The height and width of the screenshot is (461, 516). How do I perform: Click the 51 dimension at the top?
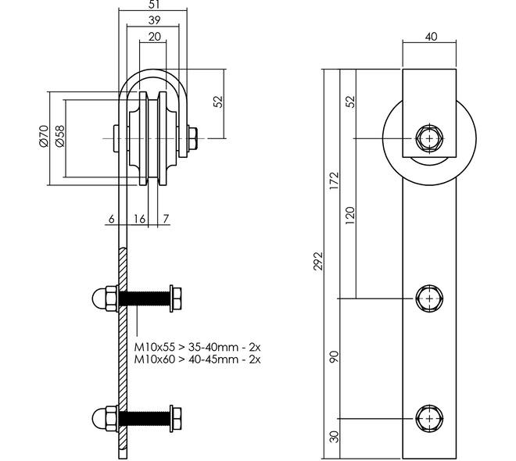[x=154, y=5]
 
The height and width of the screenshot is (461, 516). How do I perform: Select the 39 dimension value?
[x=154, y=21]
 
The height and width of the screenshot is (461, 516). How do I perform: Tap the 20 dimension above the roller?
[x=154, y=38]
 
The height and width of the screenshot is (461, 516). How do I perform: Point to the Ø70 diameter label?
[x=44, y=136]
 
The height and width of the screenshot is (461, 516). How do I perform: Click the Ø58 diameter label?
[x=59, y=136]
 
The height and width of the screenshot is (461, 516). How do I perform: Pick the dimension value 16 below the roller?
[x=139, y=220]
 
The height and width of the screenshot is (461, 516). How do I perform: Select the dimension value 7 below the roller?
[x=167, y=220]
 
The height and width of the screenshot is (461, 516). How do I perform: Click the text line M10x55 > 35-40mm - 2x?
[x=197, y=346]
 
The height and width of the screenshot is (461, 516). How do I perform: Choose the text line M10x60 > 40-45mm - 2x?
[x=197, y=359]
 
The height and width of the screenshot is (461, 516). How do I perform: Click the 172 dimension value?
[x=334, y=181]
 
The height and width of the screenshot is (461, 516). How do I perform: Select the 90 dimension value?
[x=334, y=356]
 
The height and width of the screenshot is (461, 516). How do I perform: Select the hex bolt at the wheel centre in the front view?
[x=428, y=138]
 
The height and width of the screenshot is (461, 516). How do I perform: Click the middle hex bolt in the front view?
[x=428, y=298]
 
